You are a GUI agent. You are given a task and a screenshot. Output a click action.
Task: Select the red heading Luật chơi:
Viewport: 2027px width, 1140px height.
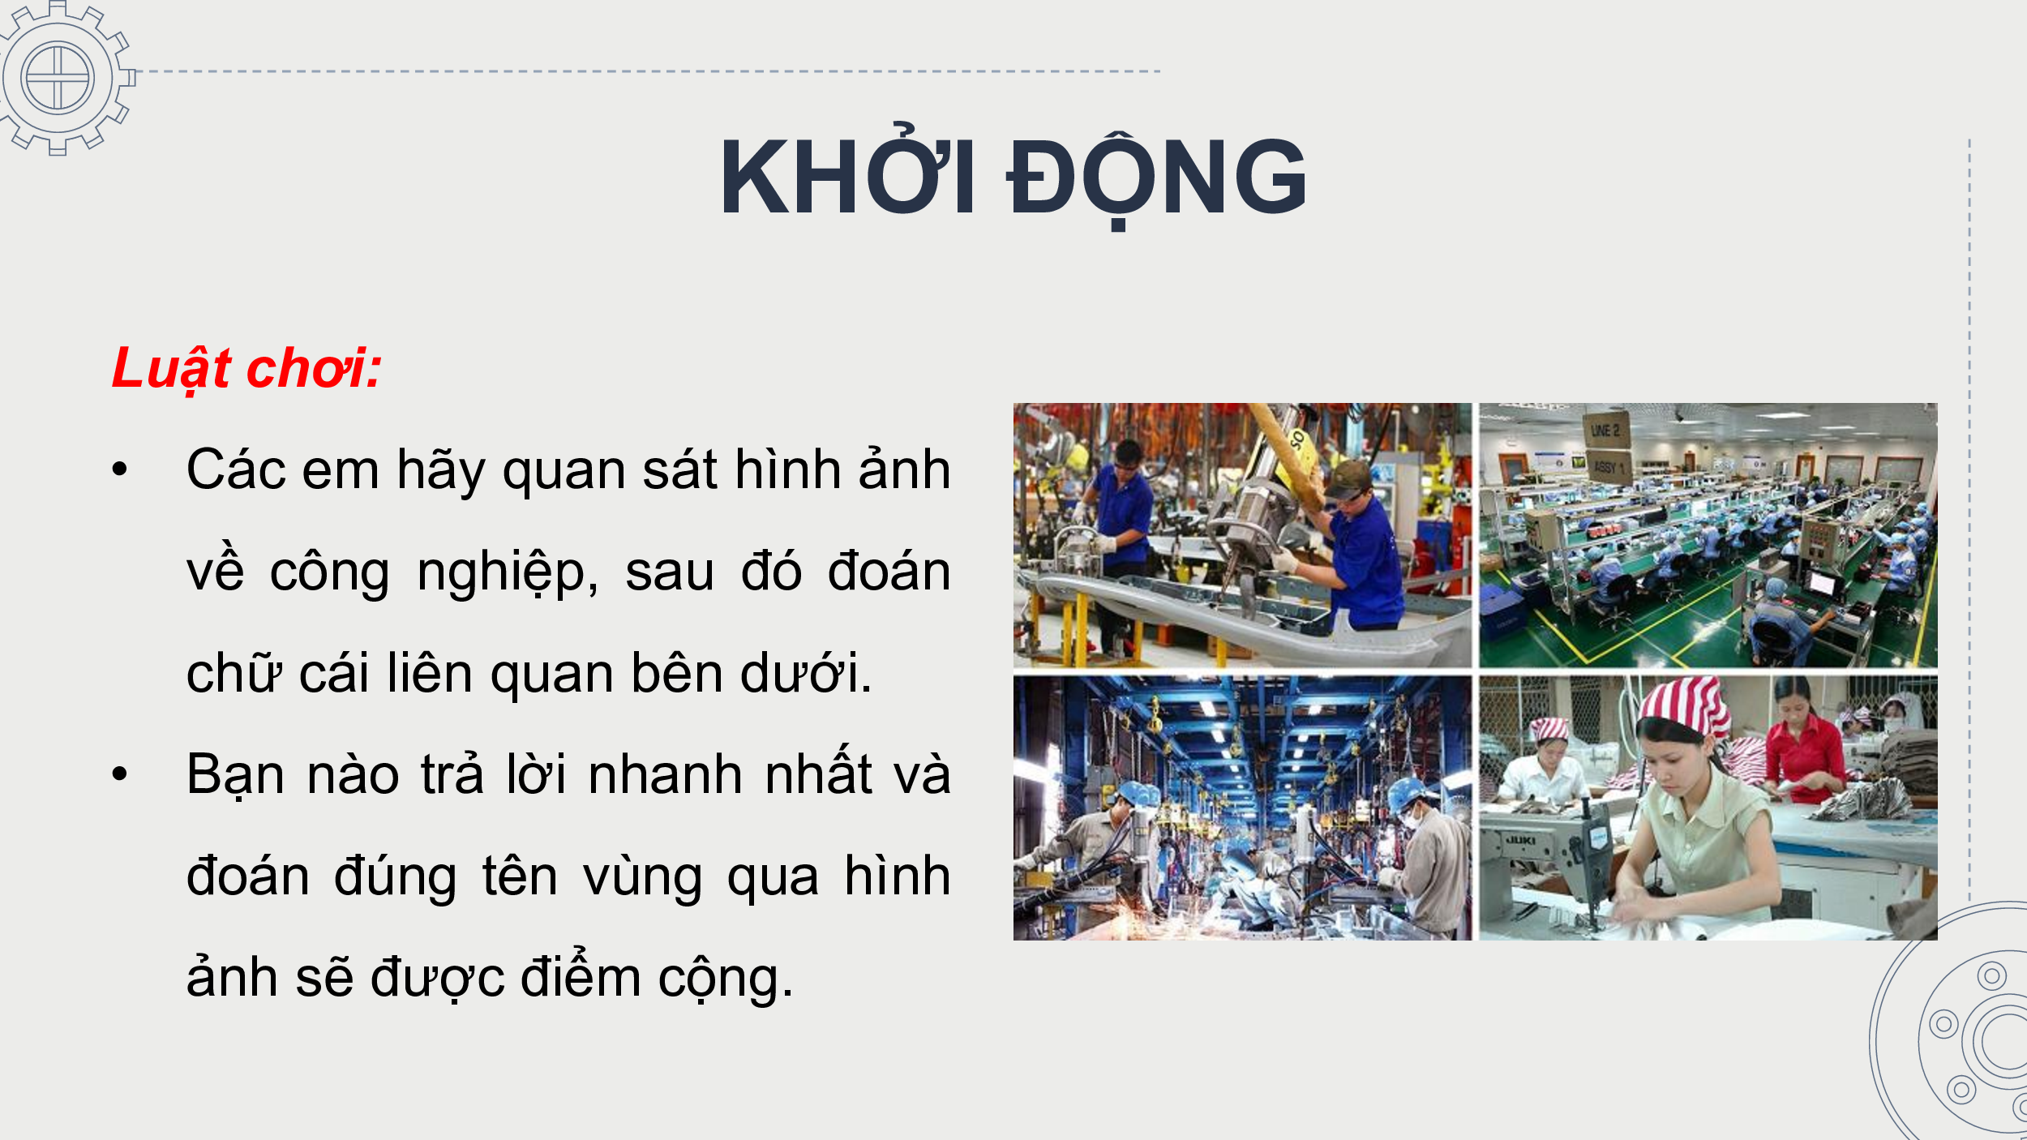pyautogui.click(x=246, y=369)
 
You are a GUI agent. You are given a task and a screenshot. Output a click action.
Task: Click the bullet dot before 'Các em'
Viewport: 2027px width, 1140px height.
pyautogui.click(x=120, y=469)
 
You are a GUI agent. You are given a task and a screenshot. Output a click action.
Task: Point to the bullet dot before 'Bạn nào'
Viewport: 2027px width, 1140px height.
pyautogui.click(x=120, y=774)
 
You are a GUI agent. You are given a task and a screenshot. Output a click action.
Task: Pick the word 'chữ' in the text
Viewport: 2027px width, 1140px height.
pyautogui.click(x=234, y=673)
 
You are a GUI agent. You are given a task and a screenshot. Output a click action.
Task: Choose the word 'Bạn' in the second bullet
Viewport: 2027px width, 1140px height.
pyautogui.click(x=235, y=774)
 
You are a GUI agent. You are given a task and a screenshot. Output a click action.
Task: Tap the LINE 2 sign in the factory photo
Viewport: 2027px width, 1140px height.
pyautogui.click(x=1605, y=431)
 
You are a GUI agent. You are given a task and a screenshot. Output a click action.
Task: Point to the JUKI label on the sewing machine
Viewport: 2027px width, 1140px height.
pyautogui.click(x=1520, y=841)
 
